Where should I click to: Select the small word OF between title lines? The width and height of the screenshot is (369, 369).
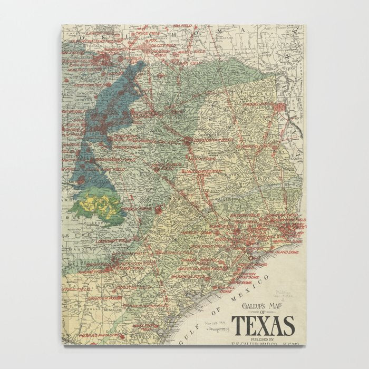point(262,315)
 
